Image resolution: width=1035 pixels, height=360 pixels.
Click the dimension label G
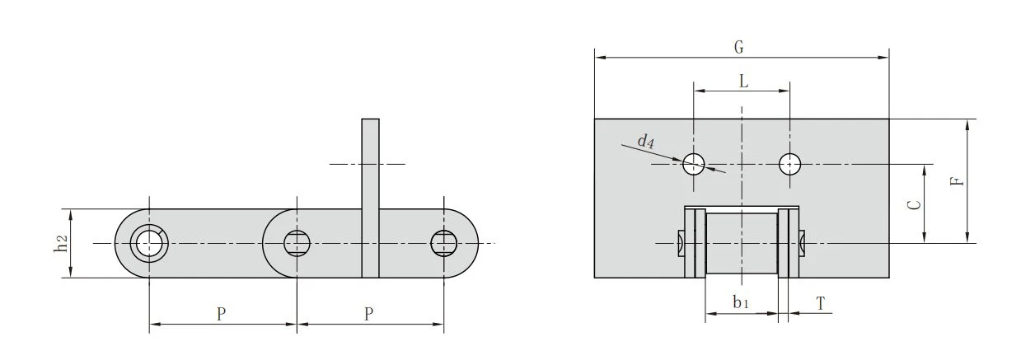[x=739, y=47]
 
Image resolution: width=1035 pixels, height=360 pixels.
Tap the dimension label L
[x=743, y=82]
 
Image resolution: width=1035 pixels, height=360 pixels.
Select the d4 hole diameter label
[x=646, y=141]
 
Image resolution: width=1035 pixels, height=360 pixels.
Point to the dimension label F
[x=958, y=180]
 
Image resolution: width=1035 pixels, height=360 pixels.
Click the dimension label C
[x=914, y=204]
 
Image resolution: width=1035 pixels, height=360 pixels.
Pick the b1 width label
[x=740, y=302]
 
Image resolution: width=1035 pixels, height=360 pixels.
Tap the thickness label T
[x=820, y=304]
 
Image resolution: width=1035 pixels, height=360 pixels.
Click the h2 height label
[x=61, y=244]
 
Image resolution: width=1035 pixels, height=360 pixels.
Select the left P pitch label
[x=222, y=314]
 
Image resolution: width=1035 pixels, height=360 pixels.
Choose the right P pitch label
[x=368, y=314]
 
